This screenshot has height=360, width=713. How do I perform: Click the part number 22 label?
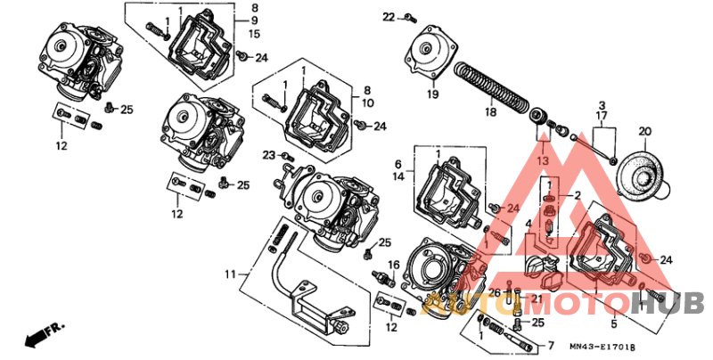click(x=388, y=17)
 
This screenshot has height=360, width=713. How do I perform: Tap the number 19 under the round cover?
click(x=431, y=94)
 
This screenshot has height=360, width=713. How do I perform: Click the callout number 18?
click(x=490, y=113)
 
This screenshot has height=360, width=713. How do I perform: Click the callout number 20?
click(x=644, y=132)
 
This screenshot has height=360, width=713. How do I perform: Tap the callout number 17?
click(x=602, y=117)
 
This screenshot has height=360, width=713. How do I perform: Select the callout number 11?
click(x=231, y=274)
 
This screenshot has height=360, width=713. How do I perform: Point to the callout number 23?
click(x=267, y=156)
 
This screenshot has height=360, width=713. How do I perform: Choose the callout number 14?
click(x=398, y=176)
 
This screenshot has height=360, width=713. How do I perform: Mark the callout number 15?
click(x=254, y=34)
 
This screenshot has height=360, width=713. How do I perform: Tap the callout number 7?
click(x=550, y=345)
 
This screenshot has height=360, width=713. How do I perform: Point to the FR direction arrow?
click(x=45, y=334)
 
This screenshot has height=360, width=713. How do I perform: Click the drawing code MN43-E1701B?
click(x=604, y=346)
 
